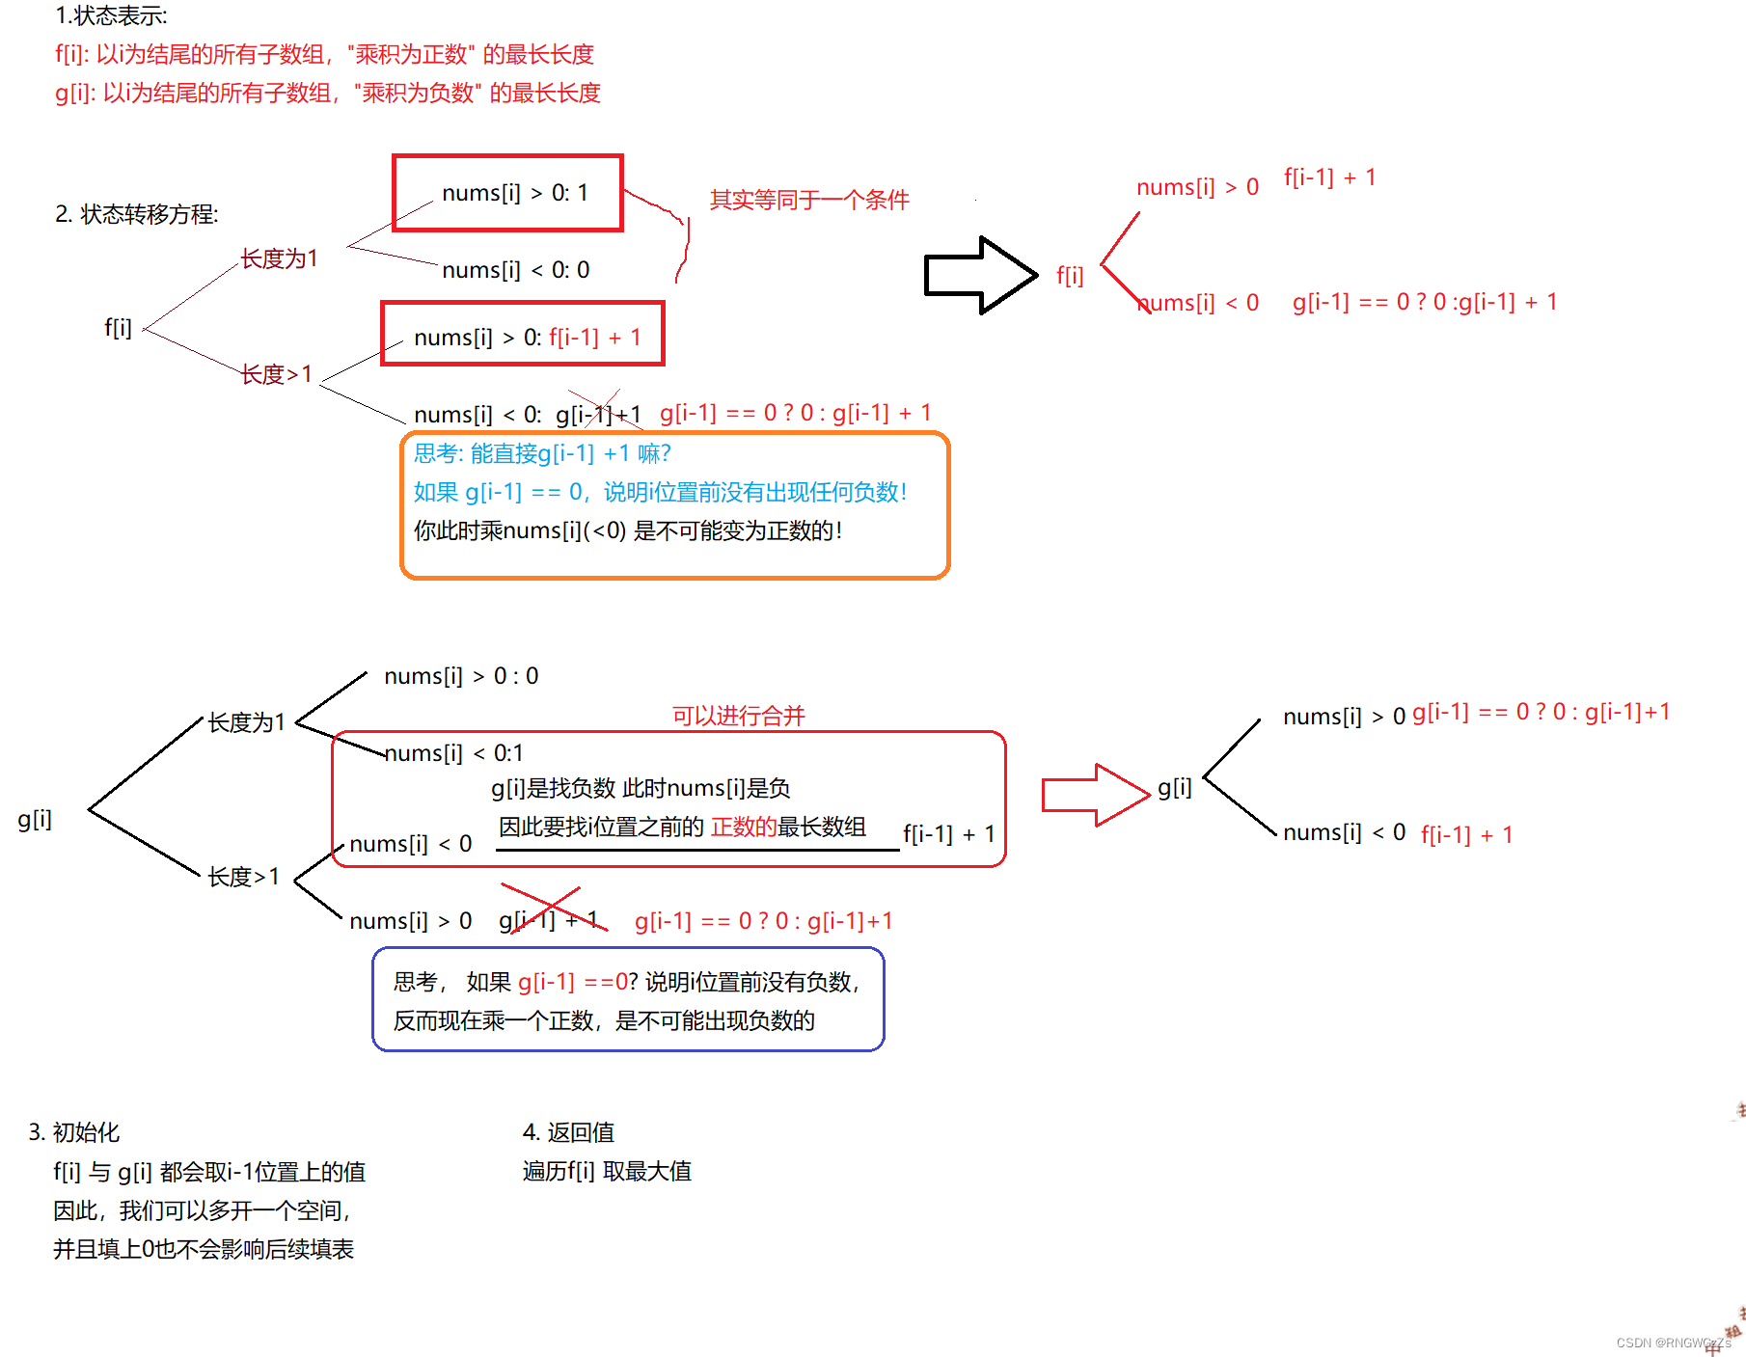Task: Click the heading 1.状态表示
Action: [111, 15]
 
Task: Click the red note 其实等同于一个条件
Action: [809, 200]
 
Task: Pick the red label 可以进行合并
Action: [738, 716]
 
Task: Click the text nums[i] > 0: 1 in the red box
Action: [514, 193]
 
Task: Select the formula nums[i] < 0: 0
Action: [515, 270]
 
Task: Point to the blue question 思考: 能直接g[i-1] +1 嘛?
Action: [542, 453]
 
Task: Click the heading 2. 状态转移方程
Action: [137, 214]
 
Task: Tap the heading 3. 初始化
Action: [74, 1132]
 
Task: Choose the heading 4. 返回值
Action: [568, 1132]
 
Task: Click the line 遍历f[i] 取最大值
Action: [607, 1171]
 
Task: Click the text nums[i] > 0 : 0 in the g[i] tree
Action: [461, 676]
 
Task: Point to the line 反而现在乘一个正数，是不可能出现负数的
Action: [604, 1020]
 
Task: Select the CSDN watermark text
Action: [1673, 1343]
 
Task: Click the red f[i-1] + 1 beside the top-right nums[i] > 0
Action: [1329, 177]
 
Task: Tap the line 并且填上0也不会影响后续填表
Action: [204, 1249]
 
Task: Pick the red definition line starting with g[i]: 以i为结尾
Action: [328, 93]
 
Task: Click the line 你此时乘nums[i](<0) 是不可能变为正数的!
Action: [628, 530]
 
